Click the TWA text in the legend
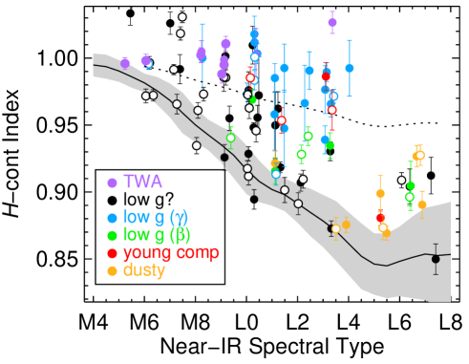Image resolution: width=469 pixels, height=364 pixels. [x=142, y=182]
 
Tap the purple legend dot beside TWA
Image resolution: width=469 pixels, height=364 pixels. [x=112, y=182]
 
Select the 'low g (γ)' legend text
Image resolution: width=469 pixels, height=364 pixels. [x=156, y=217]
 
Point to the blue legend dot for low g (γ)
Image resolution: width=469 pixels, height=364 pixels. [x=112, y=218]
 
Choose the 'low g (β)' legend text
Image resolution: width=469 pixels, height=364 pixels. [x=156, y=235]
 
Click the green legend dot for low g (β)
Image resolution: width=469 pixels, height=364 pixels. [x=112, y=236]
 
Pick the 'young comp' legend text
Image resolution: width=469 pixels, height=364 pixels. [x=170, y=252]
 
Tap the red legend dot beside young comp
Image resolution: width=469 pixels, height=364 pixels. [x=112, y=253]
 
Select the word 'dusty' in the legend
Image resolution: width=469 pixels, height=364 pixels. [x=144, y=270]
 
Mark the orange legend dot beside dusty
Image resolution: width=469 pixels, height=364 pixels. [x=112, y=271]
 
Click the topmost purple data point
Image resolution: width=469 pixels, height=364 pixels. [x=332, y=22]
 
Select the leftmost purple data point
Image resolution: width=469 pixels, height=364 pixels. [x=124, y=63]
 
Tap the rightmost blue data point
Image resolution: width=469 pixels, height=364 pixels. [x=350, y=68]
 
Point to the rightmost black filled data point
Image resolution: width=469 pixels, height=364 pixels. [x=436, y=259]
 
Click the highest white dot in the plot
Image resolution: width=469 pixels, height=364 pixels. [x=182, y=16]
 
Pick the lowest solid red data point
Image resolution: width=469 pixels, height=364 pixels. [x=379, y=218]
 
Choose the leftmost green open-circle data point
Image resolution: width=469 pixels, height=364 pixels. [x=230, y=138]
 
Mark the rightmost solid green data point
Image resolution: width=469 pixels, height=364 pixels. [x=411, y=185]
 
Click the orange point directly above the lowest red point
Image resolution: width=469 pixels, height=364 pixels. [x=380, y=193]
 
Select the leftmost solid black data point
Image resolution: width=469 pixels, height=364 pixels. [x=224, y=158]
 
